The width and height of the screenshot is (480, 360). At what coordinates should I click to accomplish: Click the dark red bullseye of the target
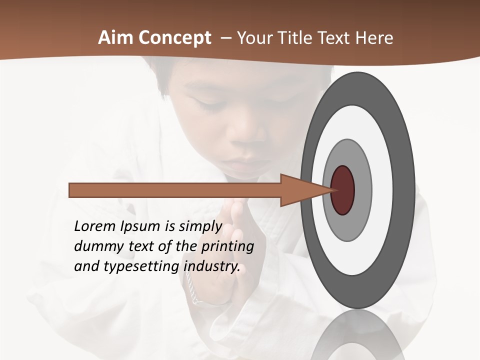coord(342,190)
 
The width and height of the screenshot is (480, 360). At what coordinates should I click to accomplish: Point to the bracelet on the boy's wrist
coord(193,290)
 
